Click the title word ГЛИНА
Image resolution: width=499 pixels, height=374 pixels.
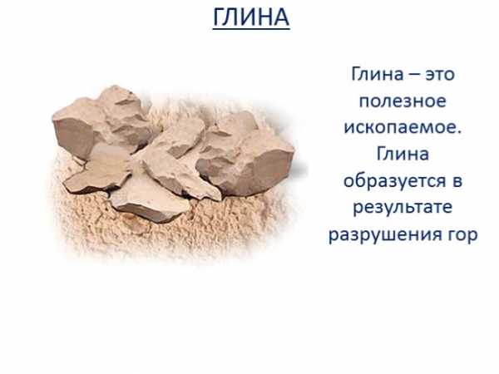251,17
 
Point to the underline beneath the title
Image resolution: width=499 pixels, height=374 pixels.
251,29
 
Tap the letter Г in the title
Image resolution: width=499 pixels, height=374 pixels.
219,17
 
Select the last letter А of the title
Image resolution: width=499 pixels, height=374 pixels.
281,17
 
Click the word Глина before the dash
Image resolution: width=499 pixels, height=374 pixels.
378,74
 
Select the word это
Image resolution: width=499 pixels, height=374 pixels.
441,75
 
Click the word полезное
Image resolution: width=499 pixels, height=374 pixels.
403,101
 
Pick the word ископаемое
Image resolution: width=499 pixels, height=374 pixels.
399,128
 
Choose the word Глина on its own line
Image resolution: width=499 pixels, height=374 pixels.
403,154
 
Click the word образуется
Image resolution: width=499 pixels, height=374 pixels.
393,181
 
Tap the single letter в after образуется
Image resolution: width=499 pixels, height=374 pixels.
456,181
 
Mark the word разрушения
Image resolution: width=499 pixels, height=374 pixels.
382,235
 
